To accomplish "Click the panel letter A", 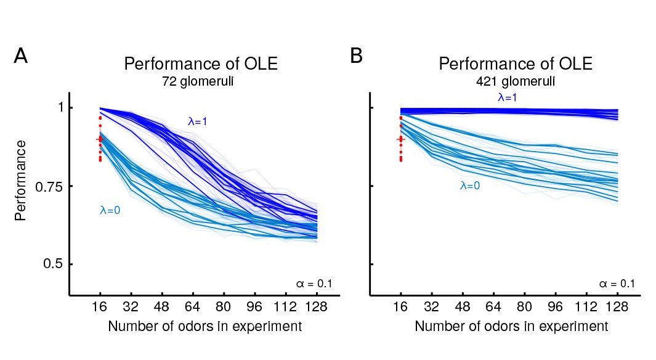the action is (x=21, y=55).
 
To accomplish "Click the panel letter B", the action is (x=356, y=55).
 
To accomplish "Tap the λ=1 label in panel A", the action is (x=198, y=121).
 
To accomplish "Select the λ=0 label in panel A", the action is (x=110, y=210).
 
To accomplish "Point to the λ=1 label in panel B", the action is (x=508, y=97).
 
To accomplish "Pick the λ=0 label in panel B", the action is (x=470, y=186).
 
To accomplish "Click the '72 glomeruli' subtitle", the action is (x=198, y=81).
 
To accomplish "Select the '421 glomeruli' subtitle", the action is (x=516, y=81).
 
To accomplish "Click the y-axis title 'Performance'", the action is (x=20, y=181).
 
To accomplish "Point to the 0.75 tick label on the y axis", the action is (x=49, y=187).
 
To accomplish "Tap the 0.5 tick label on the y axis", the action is (x=53, y=264).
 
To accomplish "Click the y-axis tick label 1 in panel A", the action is (x=60, y=108).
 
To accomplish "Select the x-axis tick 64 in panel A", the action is (x=192, y=307).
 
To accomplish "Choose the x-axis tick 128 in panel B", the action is (x=617, y=307).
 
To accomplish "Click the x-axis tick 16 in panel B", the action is (x=400, y=307).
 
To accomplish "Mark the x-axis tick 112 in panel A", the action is (x=285, y=307).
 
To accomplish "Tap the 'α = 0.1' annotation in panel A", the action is (x=314, y=284).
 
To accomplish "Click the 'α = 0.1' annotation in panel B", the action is (x=617, y=284).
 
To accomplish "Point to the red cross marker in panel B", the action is (x=401, y=139).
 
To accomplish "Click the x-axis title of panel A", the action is (x=205, y=326).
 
